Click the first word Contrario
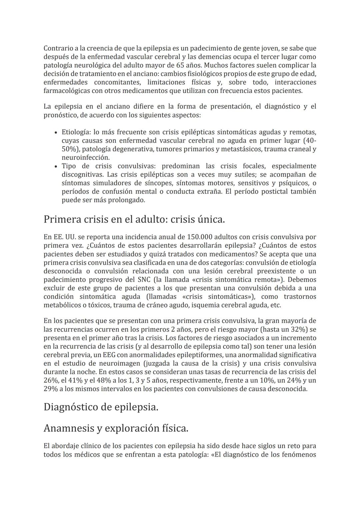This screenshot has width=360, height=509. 58,48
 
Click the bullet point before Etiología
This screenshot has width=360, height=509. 56,133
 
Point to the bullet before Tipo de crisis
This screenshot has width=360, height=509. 56,166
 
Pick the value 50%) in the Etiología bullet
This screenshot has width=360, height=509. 69,149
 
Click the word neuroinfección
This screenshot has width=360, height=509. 86,158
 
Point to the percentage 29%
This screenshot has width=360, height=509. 50,389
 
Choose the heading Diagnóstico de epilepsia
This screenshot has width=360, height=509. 101,407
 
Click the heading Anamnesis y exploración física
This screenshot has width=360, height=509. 116,428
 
